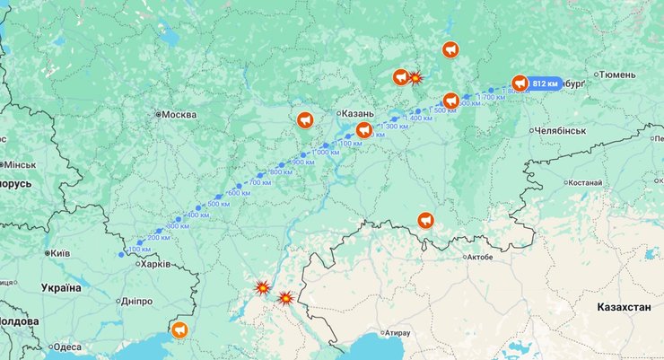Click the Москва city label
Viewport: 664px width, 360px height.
click(179, 115)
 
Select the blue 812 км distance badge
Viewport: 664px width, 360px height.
click(545, 83)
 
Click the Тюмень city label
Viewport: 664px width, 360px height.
click(617, 75)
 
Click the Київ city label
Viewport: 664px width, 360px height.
click(59, 254)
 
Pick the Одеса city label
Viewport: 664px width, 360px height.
click(66, 347)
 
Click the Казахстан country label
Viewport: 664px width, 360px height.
click(624, 307)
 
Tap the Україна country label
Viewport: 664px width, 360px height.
click(61, 288)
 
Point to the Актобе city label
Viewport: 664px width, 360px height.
click(480, 257)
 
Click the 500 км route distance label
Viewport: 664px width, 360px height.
click(219, 205)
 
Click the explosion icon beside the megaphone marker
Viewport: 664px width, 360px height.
click(415, 78)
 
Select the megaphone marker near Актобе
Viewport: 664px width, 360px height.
click(425, 220)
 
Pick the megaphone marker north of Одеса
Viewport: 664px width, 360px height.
click(180, 330)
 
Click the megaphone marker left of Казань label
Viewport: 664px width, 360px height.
click(305, 119)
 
